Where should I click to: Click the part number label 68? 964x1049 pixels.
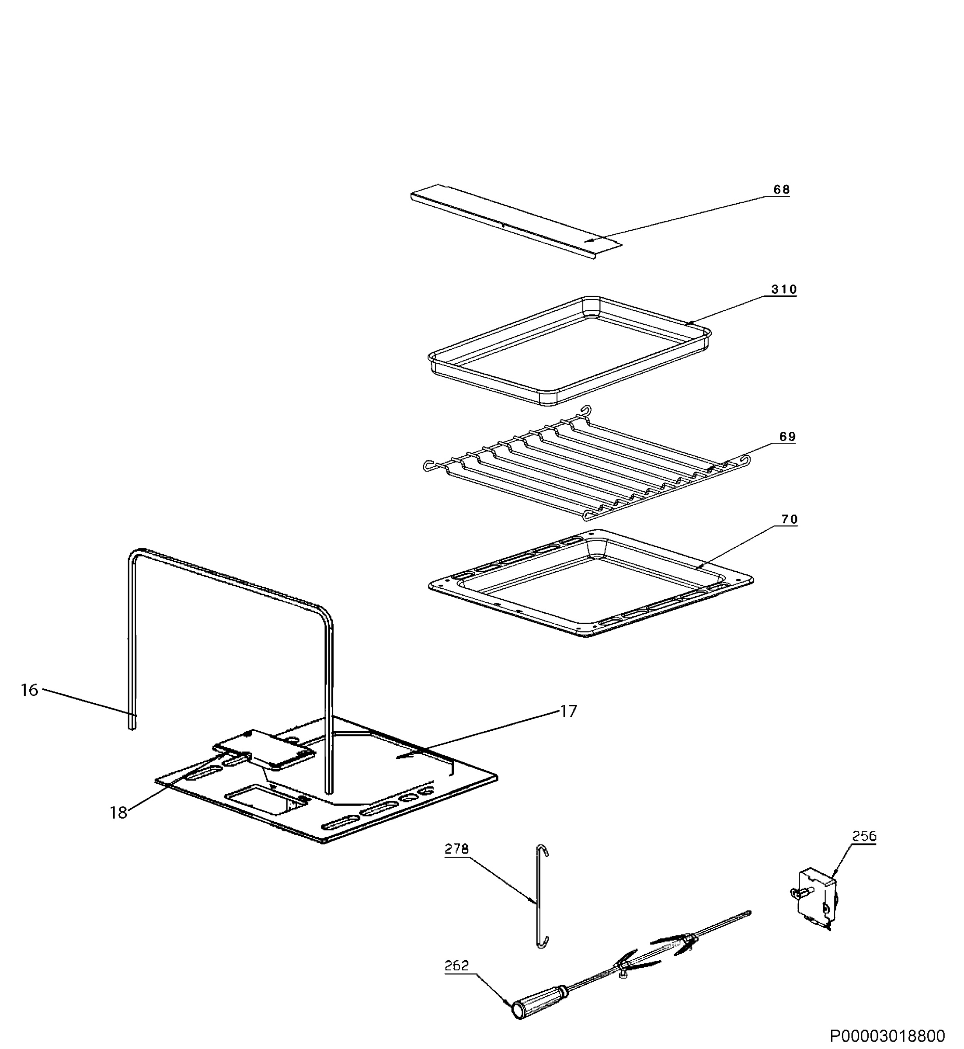[781, 190]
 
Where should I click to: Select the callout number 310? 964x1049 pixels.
[784, 289]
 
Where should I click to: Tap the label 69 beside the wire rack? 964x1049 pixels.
[787, 437]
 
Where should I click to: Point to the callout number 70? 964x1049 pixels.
[789, 520]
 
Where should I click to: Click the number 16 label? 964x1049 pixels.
[30, 690]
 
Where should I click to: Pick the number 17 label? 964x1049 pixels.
[569, 711]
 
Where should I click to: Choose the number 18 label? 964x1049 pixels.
[118, 812]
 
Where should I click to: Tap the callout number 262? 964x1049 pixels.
[456, 966]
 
